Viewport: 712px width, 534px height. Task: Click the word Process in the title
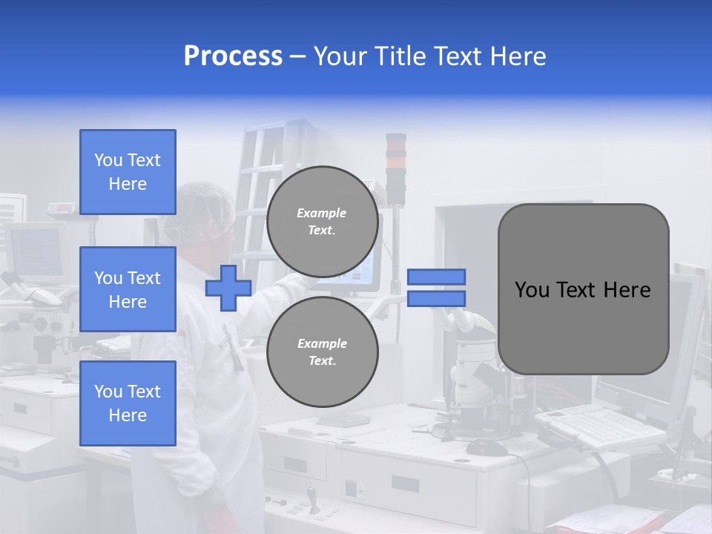coord(233,56)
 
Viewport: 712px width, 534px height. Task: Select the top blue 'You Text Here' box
coord(128,172)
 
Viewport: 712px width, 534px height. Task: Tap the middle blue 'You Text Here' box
coord(128,289)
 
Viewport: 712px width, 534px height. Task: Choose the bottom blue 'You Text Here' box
coord(128,403)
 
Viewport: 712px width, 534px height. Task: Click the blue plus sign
coord(228,288)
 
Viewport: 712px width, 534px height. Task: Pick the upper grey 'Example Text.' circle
coord(322,222)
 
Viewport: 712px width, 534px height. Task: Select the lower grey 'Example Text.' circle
coord(322,352)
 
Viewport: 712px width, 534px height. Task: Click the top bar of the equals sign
coord(436,277)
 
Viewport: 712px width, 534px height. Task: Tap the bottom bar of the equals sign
coord(436,299)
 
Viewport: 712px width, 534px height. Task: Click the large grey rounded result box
coord(583,289)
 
